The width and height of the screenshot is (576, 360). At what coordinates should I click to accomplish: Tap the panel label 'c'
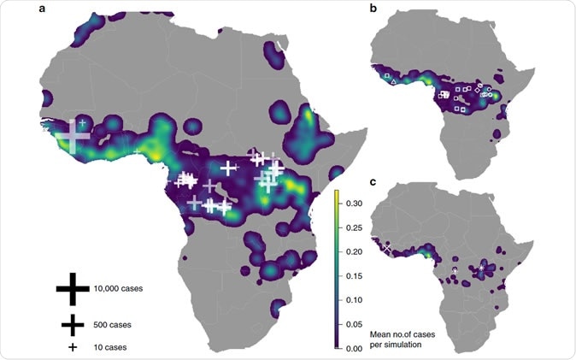(x=373, y=181)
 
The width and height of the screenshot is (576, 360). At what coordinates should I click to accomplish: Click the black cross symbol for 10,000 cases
(x=73, y=289)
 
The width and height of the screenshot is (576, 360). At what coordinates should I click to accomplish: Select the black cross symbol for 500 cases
(x=73, y=325)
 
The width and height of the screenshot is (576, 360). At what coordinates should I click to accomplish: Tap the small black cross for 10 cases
(x=73, y=347)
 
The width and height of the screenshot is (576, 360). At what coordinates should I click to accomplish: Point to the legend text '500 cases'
(x=114, y=325)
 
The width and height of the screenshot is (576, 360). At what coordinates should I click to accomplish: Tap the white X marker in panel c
(x=386, y=247)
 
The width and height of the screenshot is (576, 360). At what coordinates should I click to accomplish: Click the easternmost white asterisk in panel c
(x=482, y=269)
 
